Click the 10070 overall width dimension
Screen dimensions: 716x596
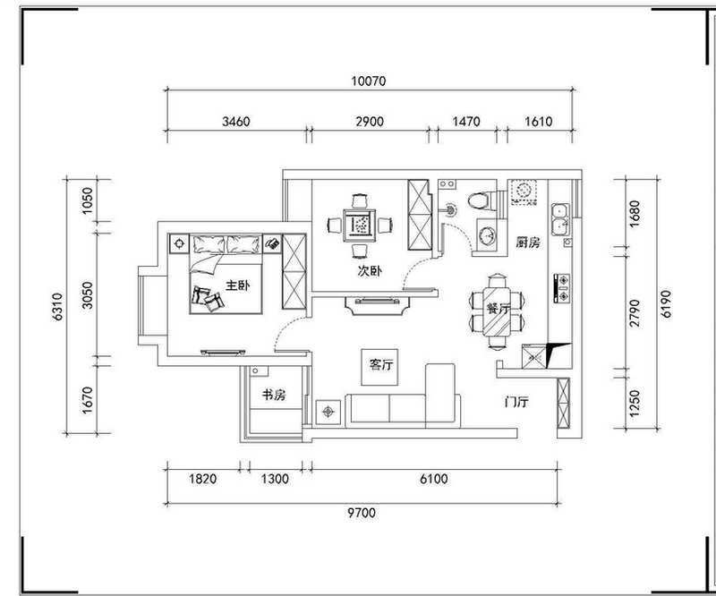(x=369, y=81)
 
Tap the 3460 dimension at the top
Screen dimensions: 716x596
(x=236, y=122)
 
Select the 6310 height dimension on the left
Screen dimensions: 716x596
(x=58, y=306)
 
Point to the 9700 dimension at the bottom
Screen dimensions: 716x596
(x=362, y=513)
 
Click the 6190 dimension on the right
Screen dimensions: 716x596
(x=666, y=303)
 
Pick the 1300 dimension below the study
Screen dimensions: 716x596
(x=275, y=479)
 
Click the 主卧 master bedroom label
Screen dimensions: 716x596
(x=237, y=285)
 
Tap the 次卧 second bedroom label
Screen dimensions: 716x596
(x=370, y=271)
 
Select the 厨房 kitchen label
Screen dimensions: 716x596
(x=528, y=242)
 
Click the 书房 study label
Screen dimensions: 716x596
(x=274, y=395)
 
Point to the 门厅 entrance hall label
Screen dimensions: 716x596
(x=516, y=402)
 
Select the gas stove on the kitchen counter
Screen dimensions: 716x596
(x=562, y=289)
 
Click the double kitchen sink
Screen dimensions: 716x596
(x=560, y=219)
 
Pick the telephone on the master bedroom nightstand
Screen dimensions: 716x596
(x=272, y=243)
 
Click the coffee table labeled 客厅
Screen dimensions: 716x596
(x=379, y=367)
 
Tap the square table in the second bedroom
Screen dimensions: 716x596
(x=360, y=226)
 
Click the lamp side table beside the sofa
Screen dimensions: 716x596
(x=328, y=413)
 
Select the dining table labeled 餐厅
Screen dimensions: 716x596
(x=497, y=311)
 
